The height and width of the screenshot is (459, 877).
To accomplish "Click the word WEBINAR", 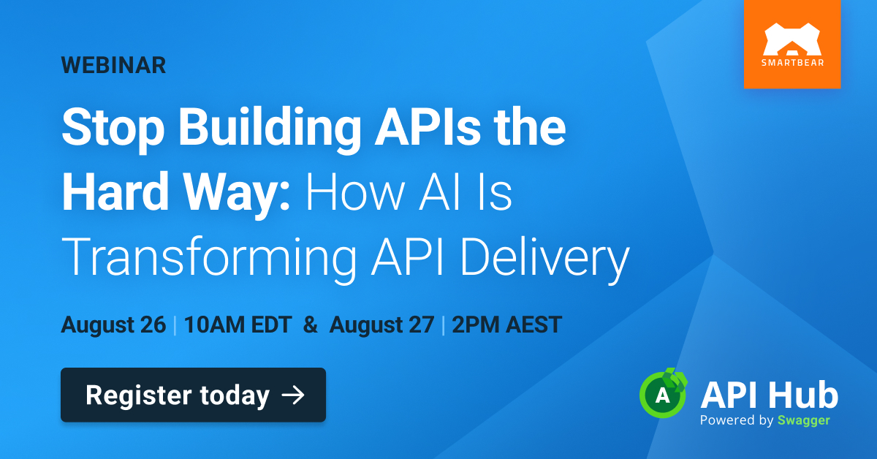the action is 113,65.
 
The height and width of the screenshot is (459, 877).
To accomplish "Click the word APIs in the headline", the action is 428,127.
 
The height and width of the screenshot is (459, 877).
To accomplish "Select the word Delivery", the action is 545,259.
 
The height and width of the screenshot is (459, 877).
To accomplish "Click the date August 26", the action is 113,325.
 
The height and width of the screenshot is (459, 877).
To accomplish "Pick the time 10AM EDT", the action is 238,325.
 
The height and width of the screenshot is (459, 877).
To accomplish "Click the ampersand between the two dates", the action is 311,325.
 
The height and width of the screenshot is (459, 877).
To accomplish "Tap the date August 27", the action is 381,325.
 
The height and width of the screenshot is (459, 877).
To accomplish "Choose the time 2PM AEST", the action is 507,325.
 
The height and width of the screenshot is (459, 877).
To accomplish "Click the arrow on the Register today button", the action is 293,395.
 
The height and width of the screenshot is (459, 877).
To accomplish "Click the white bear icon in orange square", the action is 792,39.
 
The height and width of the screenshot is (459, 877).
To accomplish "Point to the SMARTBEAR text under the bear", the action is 792,63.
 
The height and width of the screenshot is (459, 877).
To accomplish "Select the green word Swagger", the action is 804,420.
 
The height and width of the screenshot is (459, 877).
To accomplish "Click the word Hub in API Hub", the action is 802,395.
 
